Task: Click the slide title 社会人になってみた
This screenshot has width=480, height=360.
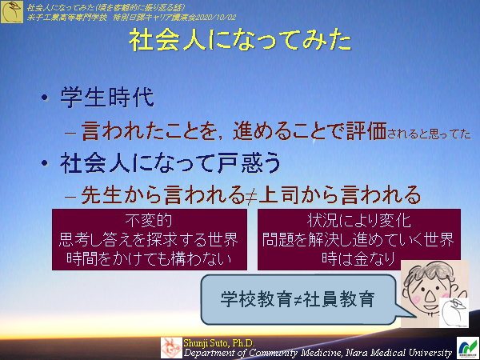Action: point(240,42)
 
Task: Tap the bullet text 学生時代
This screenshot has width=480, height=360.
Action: point(105,100)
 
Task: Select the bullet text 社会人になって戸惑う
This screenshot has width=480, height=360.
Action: point(170,163)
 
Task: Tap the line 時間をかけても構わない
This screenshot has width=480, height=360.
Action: point(150,258)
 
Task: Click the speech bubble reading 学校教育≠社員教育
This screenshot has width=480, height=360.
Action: point(298,299)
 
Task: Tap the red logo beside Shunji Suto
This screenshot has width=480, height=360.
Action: point(171,346)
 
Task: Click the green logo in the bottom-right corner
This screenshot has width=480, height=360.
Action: point(466,346)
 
